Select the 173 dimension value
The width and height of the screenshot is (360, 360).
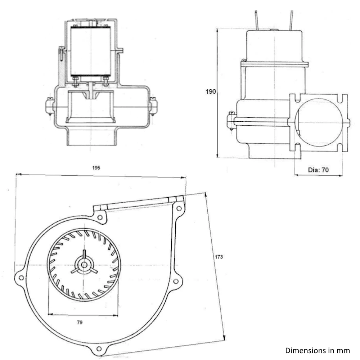219,257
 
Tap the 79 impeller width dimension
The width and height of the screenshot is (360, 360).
79,323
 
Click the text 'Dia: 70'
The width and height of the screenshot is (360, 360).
319,170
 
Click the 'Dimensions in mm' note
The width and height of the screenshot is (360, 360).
317,350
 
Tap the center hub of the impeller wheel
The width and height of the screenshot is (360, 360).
84,265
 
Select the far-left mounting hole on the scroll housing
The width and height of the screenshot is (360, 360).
21,278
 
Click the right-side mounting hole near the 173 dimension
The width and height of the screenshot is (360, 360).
176,282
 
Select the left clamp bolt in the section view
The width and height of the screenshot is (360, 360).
49,107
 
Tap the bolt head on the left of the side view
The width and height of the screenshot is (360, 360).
230,121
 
